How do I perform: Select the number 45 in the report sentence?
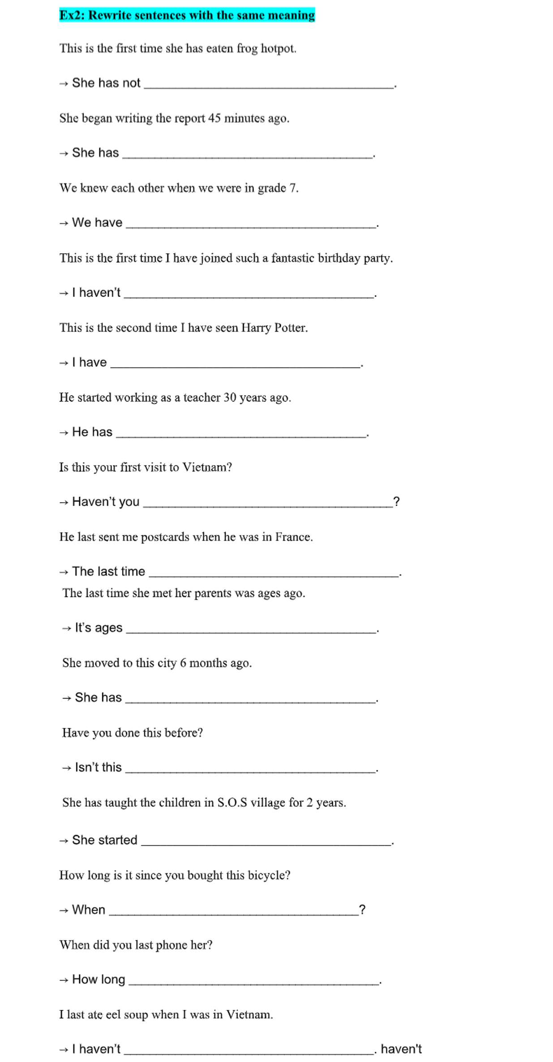pyautogui.click(x=214, y=118)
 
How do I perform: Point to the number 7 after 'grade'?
pyautogui.click(x=293, y=188)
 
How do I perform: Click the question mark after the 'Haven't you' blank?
pyautogui.click(x=396, y=502)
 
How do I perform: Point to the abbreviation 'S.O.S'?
pyautogui.click(x=232, y=803)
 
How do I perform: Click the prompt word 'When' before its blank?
pyautogui.click(x=89, y=910)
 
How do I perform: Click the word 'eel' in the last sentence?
pyautogui.click(x=113, y=1015)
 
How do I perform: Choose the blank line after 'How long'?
pyautogui.click(x=253, y=983)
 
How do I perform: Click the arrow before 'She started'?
pyautogui.click(x=64, y=841)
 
